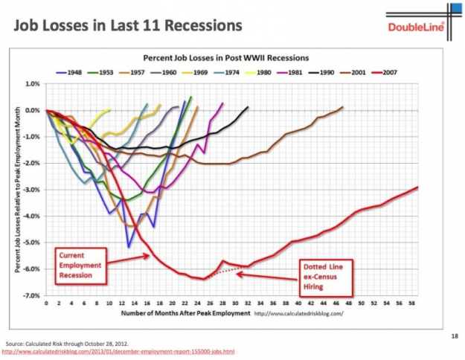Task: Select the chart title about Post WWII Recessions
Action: click(227, 57)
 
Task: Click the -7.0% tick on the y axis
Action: click(31, 295)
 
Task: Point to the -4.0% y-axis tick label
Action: click(31, 216)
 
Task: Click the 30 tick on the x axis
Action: click(236, 303)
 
